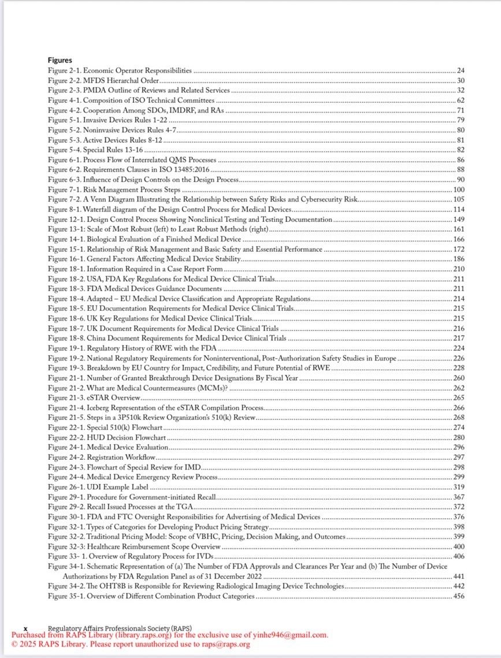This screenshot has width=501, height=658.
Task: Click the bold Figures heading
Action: pyautogui.click(x=60, y=60)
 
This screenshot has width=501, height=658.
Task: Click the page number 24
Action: pyautogui.click(x=461, y=70)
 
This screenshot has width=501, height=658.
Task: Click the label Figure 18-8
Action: pyautogui.click(x=65, y=339)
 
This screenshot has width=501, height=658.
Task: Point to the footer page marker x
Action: pyautogui.click(x=25, y=628)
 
